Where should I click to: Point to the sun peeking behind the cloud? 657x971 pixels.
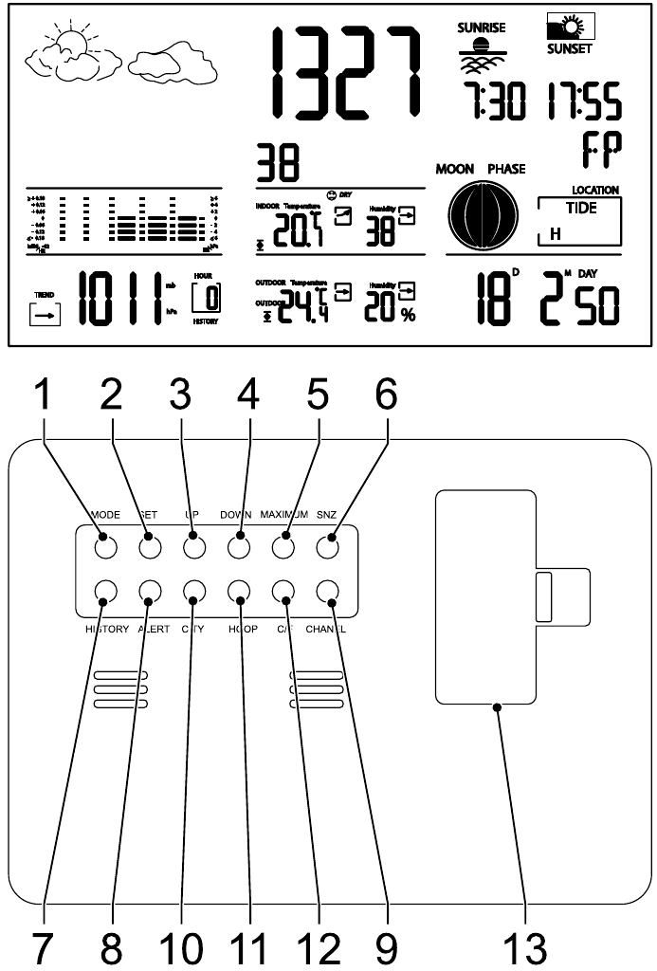[71, 43]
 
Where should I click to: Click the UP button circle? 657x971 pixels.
[194, 547]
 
